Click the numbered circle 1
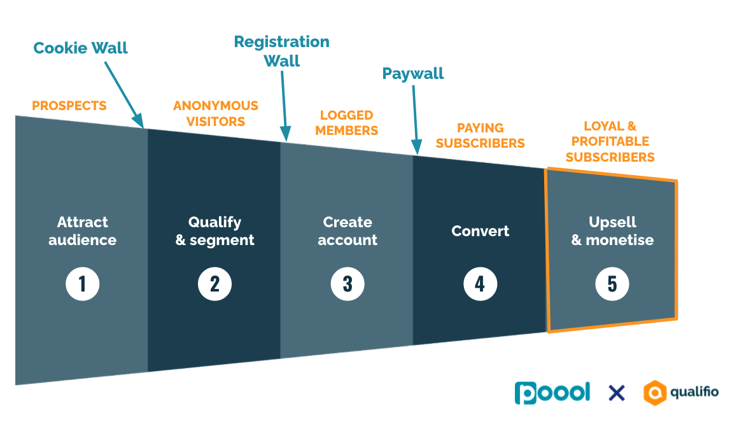[x=82, y=284]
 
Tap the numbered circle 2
[x=214, y=284]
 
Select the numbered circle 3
[x=347, y=284]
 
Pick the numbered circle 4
[x=480, y=284]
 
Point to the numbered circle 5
[x=612, y=284]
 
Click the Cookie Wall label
[x=81, y=48]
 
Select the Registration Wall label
[x=282, y=51]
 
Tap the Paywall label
[x=413, y=74]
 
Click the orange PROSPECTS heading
[x=69, y=106]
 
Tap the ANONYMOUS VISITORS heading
[x=216, y=113]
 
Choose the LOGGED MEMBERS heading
[x=347, y=123]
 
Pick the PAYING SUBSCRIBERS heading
[x=481, y=136]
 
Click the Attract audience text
[x=83, y=231]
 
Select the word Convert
[x=481, y=231]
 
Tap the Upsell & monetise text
[x=612, y=231]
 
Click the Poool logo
[x=552, y=392]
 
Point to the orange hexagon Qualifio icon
[x=656, y=393]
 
